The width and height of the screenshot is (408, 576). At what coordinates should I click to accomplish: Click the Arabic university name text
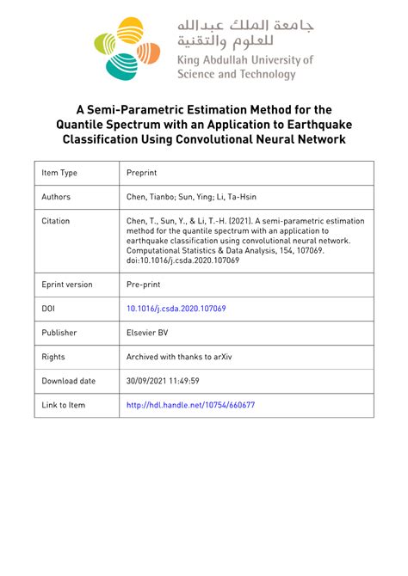pyautogui.click(x=245, y=32)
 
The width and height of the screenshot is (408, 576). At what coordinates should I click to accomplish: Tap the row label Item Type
pyautogui.click(x=59, y=173)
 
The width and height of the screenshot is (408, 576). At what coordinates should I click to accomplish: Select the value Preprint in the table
pyautogui.click(x=144, y=173)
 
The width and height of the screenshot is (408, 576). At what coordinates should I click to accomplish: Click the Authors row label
pyautogui.click(x=56, y=197)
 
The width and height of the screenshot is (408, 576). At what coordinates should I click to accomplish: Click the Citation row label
pyautogui.click(x=56, y=221)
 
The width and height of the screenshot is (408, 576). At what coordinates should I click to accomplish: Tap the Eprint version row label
pyautogui.click(x=67, y=285)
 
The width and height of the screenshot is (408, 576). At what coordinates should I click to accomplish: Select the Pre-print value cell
pyautogui.click(x=145, y=285)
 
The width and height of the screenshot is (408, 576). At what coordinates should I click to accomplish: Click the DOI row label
pyautogui.click(x=48, y=309)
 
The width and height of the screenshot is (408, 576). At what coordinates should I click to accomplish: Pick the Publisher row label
pyautogui.click(x=59, y=333)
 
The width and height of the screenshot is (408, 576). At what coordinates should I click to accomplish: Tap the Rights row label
pyautogui.click(x=53, y=356)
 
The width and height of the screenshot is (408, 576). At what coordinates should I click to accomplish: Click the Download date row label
pyautogui.click(x=69, y=380)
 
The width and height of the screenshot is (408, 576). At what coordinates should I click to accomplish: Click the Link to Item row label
pyautogui.click(x=64, y=404)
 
